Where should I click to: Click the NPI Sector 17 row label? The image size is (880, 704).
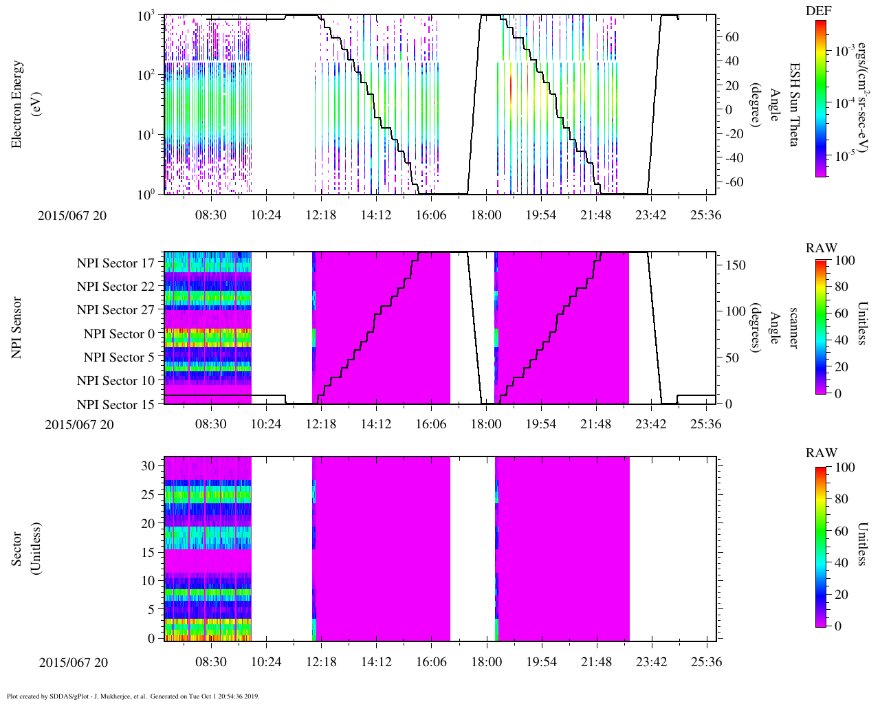(115, 263)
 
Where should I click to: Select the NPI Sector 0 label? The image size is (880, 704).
(119, 334)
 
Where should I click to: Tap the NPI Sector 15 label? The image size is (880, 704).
(115, 405)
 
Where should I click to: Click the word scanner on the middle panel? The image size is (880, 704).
(794, 327)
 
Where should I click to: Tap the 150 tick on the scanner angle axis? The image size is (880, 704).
(736, 265)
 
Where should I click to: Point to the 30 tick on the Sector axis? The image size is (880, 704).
(148, 466)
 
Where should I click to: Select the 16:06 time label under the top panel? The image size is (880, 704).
(431, 215)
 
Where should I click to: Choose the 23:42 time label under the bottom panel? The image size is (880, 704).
(651, 662)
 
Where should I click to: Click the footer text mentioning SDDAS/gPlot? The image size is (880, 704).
(133, 696)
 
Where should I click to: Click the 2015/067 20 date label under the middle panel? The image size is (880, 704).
(80, 424)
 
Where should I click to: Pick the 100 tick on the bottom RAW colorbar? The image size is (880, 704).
(845, 467)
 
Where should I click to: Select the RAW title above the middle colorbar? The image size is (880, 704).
(822, 248)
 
